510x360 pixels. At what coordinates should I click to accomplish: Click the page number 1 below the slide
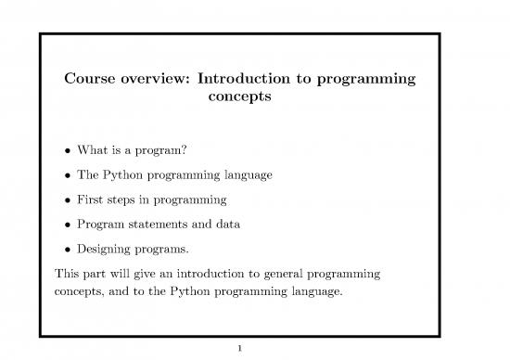pyautogui.click(x=239, y=349)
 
